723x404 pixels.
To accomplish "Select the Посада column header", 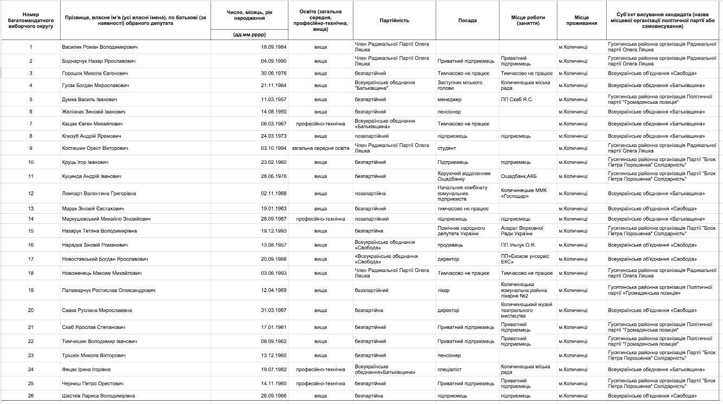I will pyautogui.click(x=467, y=21).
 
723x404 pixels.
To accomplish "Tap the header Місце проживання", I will pyautogui.click(x=581, y=21).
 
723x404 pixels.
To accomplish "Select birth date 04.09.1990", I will pyautogui.click(x=274, y=61).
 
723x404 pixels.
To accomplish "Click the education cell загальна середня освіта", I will pyautogui.click(x=320, y=148).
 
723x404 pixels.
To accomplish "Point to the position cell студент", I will pyautogui.click(x=446, y=148).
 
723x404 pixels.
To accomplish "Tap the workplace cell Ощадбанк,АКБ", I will pyautogui.click(x=518, y=176).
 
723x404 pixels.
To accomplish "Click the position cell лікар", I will pyautogui.click(x=443, y=290).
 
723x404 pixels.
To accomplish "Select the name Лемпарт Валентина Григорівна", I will pyautogui.click(x=99, y=194).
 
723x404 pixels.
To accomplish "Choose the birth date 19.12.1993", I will pyautogui.click(x=274, y=231).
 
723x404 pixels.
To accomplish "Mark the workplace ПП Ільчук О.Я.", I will pyautogui.click(x=518, y=245).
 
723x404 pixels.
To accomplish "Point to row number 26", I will pyautogui.click(x=31, y=396).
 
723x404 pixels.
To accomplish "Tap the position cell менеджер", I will pyautogui.click(x=450, y=100).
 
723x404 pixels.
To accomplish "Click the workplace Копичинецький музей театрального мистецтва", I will pyautogui.click(x=526, y=310).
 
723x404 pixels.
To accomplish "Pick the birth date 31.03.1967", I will pyautogui.click(x=274, y=310).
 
